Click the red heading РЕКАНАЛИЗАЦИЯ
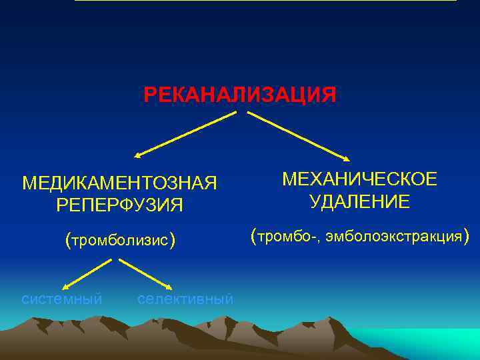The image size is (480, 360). click(240, 95)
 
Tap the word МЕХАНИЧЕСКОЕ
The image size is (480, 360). click(359, 179)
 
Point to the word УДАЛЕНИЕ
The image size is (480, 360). click(359, 201)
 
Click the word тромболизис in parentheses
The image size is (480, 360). click(120, 240)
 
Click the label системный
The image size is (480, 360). click(62, 299)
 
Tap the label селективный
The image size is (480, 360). click(185, 299)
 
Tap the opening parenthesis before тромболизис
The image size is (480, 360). click(67, 239)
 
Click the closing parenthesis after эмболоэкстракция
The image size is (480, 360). click(467, 235)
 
